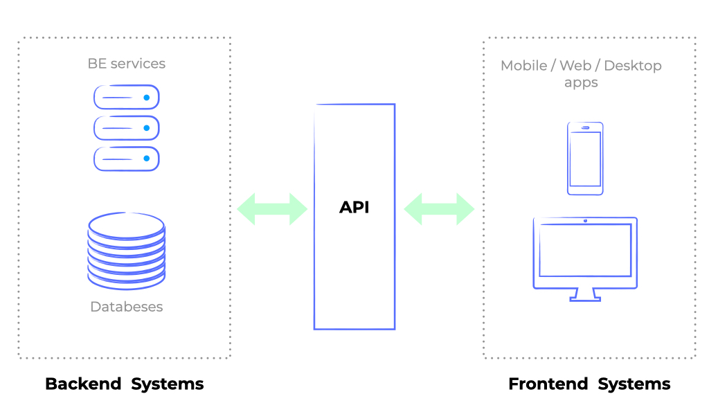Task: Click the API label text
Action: tap(354, 207)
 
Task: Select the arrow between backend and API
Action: tap(272, 208)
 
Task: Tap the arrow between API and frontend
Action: tap(439, 208)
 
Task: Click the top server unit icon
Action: tap(127, 98)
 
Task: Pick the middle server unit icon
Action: tap(127, 128)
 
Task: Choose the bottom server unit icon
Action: tap(127, 159)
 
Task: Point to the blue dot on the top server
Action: tap(147, 98)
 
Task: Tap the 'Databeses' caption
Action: tap(127, 307)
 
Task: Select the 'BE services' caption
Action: tap(127, 64)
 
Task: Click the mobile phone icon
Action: tap(585, 159)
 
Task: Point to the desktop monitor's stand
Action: tap(585, 295)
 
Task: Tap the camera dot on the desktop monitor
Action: tap(585, 221)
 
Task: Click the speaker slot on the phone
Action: tap(585, 127)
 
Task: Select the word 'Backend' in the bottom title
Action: tap(83, 384)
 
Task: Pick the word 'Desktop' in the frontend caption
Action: tap(633, 66)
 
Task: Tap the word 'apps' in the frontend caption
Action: tap(581, 82)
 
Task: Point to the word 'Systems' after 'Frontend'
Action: tap(634, 384)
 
